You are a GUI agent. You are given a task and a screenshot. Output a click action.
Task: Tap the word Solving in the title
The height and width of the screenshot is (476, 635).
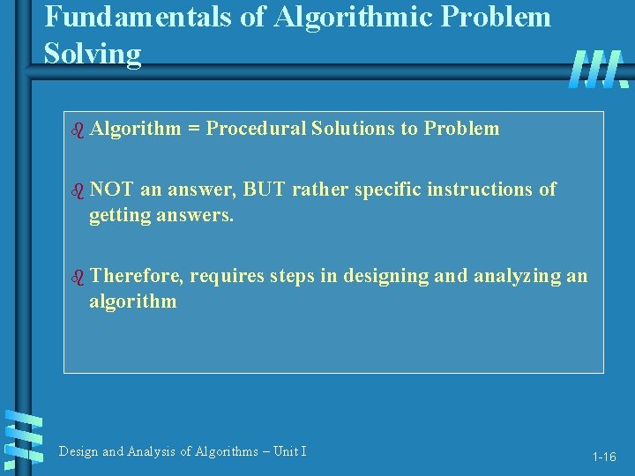pyautogui.click(x=93, y=54)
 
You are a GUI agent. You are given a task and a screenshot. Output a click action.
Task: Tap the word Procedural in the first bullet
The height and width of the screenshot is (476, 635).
pyautogui.click(x=255, y=129)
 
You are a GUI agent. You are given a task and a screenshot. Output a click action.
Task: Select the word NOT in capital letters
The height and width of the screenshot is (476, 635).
pyautogui.click(x=110, y=189)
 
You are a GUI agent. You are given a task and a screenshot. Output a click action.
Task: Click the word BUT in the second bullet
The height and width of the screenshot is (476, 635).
pyautogui.click(x=263, y=189)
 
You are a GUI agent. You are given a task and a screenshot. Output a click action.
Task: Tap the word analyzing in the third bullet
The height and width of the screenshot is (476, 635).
pyautogui.click(x=516, y=275)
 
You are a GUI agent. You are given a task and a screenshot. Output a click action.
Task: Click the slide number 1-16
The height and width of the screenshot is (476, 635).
pyautogui.click(x=604, y=457)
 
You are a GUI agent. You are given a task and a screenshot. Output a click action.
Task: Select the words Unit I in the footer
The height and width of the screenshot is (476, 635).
pyautogui.click(x=289, y=451)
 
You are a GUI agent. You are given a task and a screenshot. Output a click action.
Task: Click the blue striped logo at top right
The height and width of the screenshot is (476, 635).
pyautogui.click(x=598, y=69)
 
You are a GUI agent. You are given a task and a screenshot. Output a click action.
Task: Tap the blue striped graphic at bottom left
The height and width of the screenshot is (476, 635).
pyautogui.click(x=23, y=436)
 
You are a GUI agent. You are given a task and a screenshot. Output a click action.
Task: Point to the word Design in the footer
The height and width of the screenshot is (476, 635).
pyautogui.click(x=78, y=451)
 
